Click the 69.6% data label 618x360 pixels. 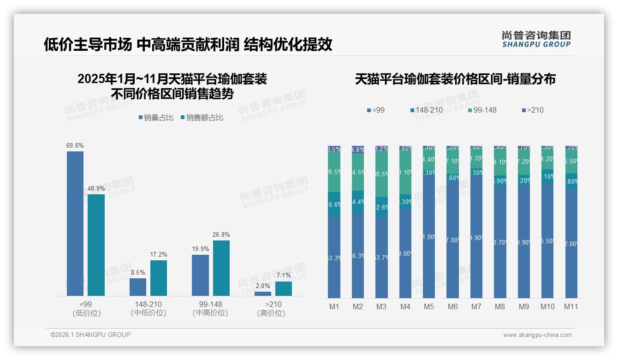pos(75,146)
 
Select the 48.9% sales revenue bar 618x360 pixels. pos(96,245)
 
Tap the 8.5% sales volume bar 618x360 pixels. pos(138,287)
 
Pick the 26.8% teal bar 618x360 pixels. pos(221,268)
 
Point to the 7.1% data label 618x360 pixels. pos(284,276)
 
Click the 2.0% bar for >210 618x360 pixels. pos(263,294)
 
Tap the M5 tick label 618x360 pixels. pos(429,306)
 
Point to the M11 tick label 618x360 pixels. pos(571,306)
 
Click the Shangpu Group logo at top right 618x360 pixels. pos(536,39)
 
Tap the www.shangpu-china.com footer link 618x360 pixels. pos(537,335)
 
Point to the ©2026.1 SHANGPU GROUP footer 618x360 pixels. pos(90,335)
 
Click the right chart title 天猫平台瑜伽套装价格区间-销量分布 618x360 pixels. pos(455,79)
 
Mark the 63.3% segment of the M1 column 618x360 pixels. pos(334,258)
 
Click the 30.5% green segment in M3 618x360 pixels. pos(382,174)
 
